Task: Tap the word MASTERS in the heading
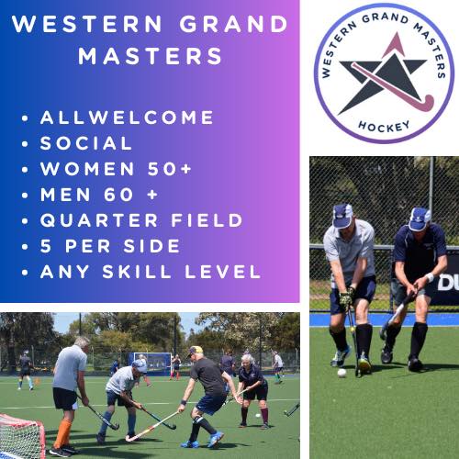point(151,56)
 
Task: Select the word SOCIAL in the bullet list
point(86,143)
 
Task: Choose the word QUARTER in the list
point(95,220)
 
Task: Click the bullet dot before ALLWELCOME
point(24,118)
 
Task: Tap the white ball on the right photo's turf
point(341,373)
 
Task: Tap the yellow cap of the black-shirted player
point(196,351)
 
